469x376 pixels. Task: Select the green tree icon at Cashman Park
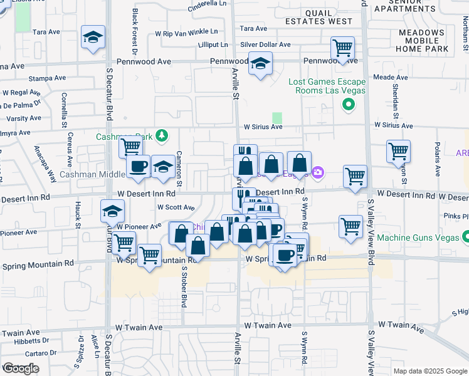point(162,135)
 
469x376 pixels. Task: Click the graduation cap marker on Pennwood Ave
point(260,64)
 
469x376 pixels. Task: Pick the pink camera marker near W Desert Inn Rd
point(318,172)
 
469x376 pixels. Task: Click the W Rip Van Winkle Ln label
point(187,31)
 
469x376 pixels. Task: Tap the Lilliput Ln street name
point(213,45)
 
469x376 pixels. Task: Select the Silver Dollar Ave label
point(266,45)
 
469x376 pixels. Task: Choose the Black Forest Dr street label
point(135,28)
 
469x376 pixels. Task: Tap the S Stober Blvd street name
point(184,287)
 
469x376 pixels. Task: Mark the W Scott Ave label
point(176,207)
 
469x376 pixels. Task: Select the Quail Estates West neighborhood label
point(319,17)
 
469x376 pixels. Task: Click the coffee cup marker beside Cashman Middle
point(139,167)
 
